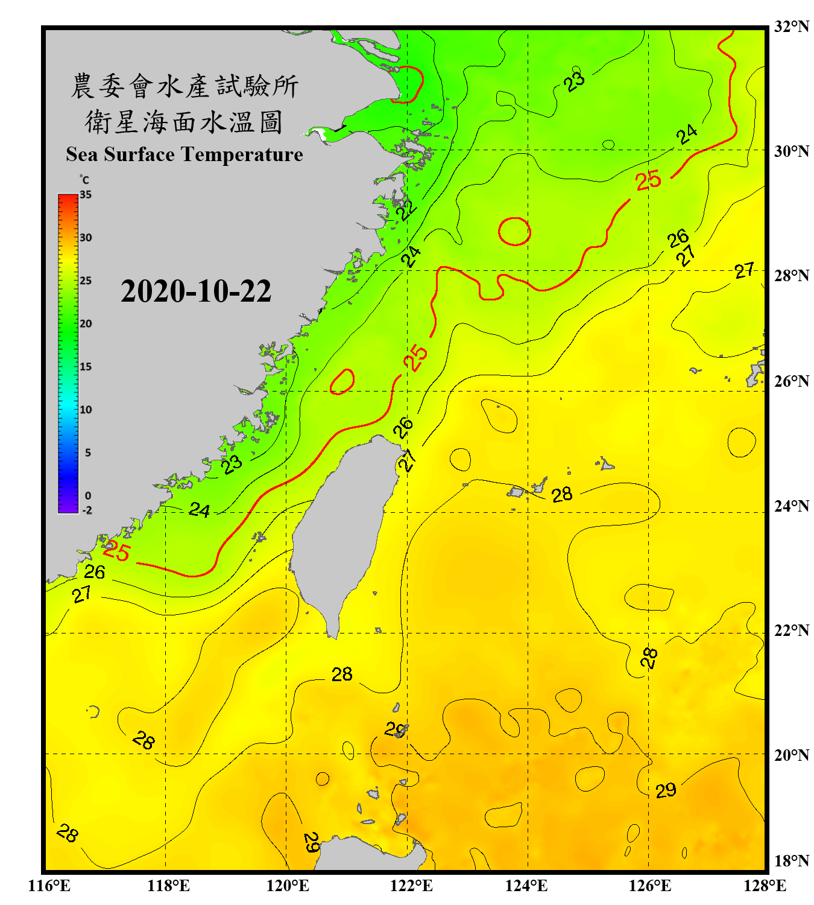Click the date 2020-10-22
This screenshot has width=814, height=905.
[196, 291]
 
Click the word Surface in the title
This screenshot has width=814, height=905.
[139, 154]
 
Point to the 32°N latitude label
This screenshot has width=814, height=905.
[791, 27]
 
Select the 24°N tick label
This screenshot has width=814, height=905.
[791, 506]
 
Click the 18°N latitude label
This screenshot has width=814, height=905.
[791, 861]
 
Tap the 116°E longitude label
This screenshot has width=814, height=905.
[49, 886]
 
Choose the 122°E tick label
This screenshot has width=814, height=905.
[411, 886]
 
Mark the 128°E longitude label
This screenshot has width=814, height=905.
[765, 886]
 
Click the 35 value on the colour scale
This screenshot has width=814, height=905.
[86, 195]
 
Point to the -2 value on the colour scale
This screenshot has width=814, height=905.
[87, 510]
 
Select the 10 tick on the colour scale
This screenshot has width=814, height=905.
[86, 410]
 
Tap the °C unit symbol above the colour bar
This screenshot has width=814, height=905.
[84, 180]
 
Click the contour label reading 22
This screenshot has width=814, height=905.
[407, 209]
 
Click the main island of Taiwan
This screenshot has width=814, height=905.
[341, 531]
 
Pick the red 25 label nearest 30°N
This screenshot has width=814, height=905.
[648, 180]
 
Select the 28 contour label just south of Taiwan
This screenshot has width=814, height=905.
[342, 674]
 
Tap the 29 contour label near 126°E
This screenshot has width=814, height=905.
[666, 790]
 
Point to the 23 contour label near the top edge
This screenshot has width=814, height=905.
[575, 81]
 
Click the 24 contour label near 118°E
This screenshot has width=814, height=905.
[200, 510]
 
